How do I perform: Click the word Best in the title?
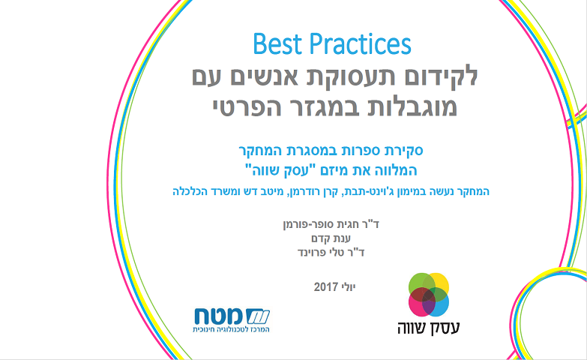[x=277, y=44]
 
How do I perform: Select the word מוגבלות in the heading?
[x=402, y=106]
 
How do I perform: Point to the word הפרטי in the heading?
[x=247, y=106]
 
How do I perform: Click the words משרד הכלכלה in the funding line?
[x=198, y=191]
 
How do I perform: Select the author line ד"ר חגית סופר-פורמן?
[x=331, y=224]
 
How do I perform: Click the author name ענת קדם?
[x=331, y=238]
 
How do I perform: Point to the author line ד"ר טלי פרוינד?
[x=331, y=252]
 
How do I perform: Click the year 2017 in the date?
[x=325, y=287]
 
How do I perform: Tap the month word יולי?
[x=348, y=287]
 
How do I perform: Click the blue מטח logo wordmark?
[x=232, y=316]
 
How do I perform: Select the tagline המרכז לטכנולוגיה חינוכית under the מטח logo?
[x=231, y=330]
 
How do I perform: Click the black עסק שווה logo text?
[x=429, y=328]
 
